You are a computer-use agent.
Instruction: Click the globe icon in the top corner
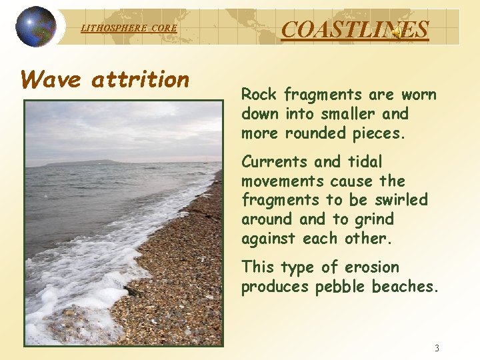(36, 27)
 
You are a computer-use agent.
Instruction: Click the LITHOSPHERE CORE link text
(129, 28)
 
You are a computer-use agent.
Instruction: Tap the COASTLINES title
(355, 29)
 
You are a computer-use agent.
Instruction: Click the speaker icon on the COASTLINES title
(396, 31)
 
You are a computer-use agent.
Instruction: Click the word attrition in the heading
(141, 80)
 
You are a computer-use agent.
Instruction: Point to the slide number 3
(437, 348)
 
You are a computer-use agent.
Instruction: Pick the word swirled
(399, 200)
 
